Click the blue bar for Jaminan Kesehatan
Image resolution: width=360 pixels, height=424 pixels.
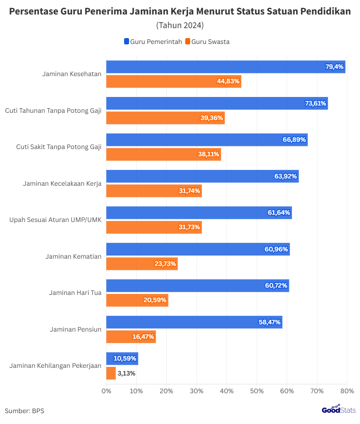pos(226,67)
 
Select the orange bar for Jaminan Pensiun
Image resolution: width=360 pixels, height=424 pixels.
pos(131,337)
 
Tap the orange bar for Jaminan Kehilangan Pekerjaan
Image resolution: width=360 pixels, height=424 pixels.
pos(111,373)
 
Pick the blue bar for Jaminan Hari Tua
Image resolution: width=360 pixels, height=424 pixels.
pos(197,286)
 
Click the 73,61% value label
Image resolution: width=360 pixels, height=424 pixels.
pos(316,103)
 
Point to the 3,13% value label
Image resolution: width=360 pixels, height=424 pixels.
pos(126,373)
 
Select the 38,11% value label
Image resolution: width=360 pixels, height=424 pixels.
pos(209,154)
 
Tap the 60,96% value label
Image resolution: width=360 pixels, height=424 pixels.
pos(276,249)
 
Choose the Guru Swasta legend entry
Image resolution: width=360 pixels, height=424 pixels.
pos(207,42)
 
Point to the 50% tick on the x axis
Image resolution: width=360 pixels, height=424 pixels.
pos(257,391)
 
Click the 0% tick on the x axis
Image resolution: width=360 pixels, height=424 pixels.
pos(106,391)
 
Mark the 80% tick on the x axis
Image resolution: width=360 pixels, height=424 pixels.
pos(347,391)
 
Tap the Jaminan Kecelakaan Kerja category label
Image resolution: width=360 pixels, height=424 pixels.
pos(62,183)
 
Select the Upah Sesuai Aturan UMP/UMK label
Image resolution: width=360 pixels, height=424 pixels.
pos(56,220)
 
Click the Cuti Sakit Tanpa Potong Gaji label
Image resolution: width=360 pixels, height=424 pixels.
pos(58,147)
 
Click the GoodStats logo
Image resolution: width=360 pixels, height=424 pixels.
pos(338,410)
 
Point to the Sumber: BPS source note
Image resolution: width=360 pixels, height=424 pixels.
pos(24,411)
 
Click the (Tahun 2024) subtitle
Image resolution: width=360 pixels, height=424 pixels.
pos(180,25)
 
